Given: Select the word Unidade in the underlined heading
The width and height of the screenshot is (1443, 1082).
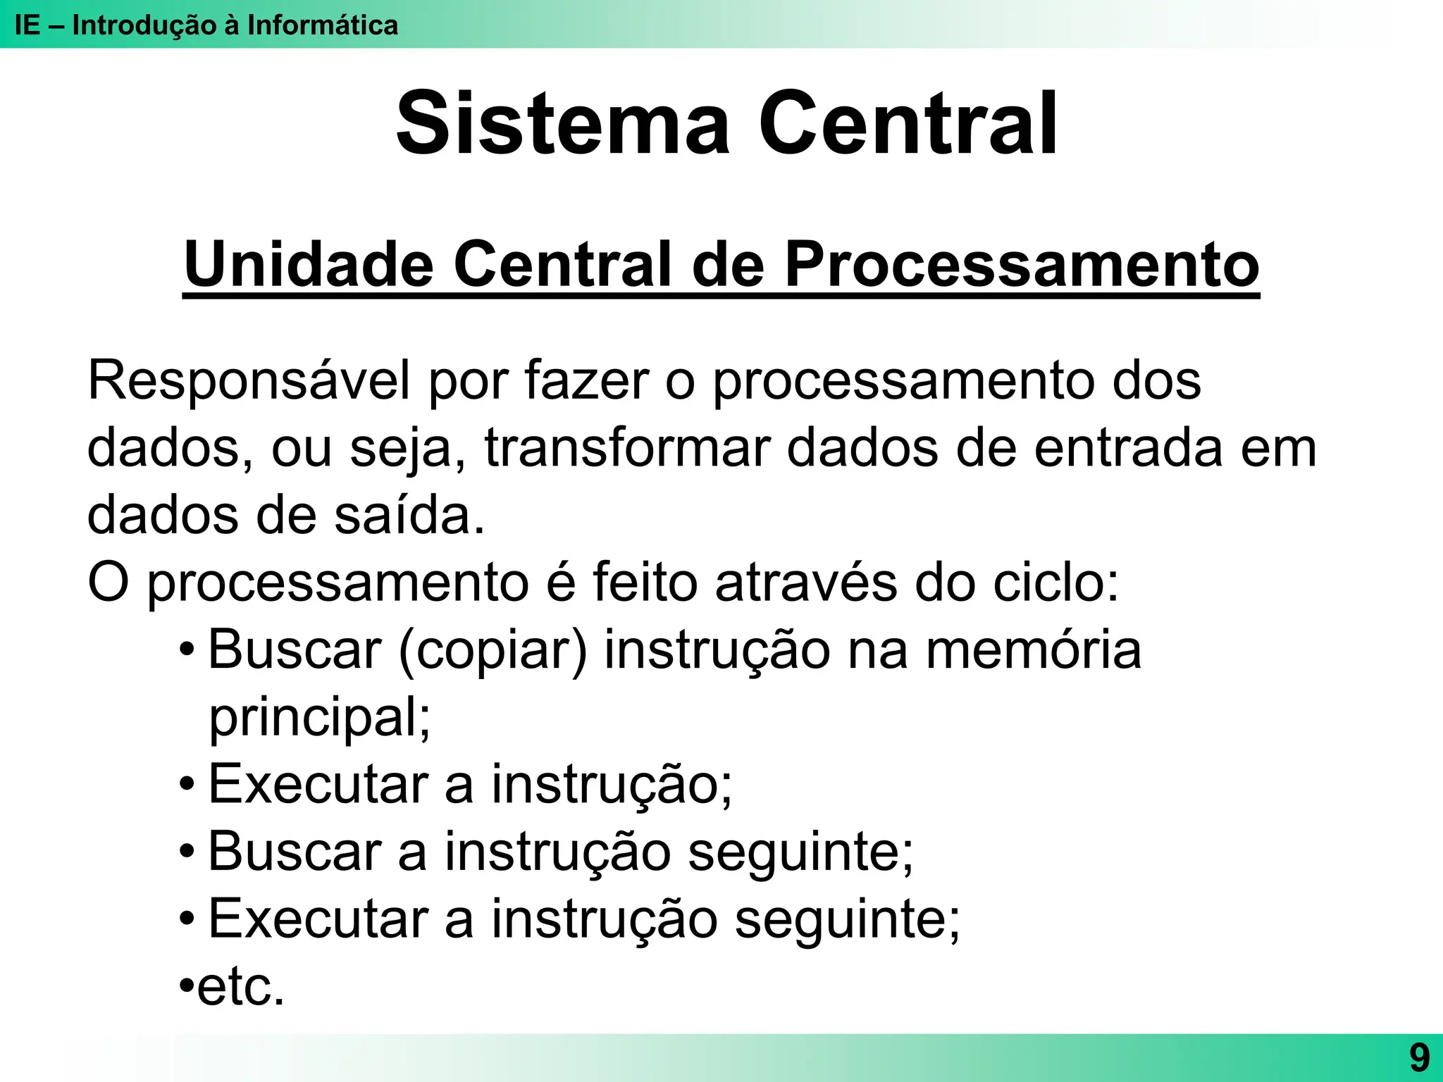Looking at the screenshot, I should point(309,265).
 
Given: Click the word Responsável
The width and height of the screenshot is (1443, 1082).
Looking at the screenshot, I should point(248,381).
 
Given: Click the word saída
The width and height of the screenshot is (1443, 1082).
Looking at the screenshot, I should point(409,516).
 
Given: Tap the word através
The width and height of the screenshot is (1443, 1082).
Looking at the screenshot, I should point(806,583).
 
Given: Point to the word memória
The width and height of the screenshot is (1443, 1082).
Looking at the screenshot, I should point(1033,650).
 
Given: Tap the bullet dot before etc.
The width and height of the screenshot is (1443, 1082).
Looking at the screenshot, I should point(187,985).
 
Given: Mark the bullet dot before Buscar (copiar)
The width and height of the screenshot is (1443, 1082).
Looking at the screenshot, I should point(187,649).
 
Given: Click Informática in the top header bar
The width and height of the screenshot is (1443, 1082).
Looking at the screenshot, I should point(323,25).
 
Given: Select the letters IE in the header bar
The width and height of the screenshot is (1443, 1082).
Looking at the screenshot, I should point(27,25).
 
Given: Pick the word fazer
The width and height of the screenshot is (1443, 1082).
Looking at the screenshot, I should point(586,381).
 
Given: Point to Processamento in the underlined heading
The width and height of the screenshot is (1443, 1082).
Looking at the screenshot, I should point(1022,265).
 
